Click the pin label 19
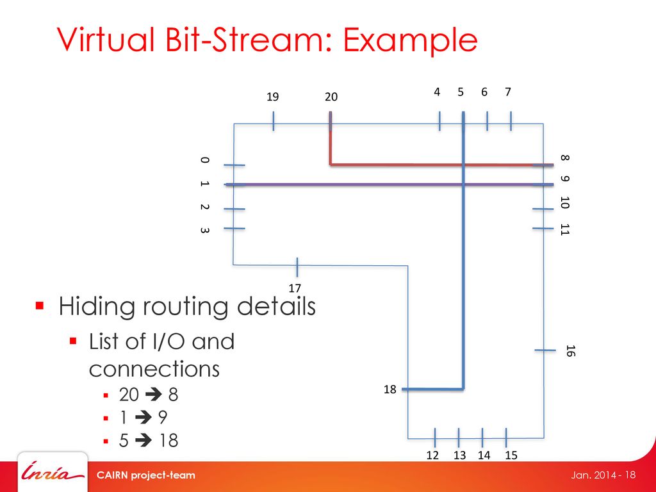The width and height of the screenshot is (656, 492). [x=273, y=97]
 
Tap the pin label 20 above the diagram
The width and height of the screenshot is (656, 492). [x=331, y=97]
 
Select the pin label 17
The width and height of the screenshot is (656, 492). [x=295, y=288]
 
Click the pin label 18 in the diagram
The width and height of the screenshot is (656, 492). [x=390, y=389]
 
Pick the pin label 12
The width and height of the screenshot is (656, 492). [x=432, y=455]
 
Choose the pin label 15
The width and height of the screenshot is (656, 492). [x=511, y=455]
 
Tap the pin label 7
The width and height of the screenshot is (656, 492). [x=508, y=92]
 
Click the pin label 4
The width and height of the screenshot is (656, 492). [x=437, y=92]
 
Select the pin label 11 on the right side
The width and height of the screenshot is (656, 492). [x=564, y=229]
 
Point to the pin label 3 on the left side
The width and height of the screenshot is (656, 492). [x=203, y=229]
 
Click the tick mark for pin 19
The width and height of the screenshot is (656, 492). [x=273, y=121]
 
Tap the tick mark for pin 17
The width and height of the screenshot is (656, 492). [x=297, y=266]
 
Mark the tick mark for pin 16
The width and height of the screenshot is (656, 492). [x=545, y=350]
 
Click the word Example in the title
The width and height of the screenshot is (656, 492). [x=411, y=41]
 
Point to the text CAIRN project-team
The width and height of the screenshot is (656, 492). [x=145, y=475]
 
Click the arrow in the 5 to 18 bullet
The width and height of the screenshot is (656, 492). [x=141, y=441]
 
